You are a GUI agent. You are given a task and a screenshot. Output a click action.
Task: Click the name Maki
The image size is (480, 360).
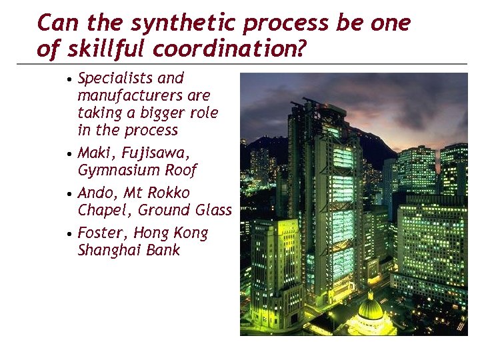[x=93, y=153]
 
